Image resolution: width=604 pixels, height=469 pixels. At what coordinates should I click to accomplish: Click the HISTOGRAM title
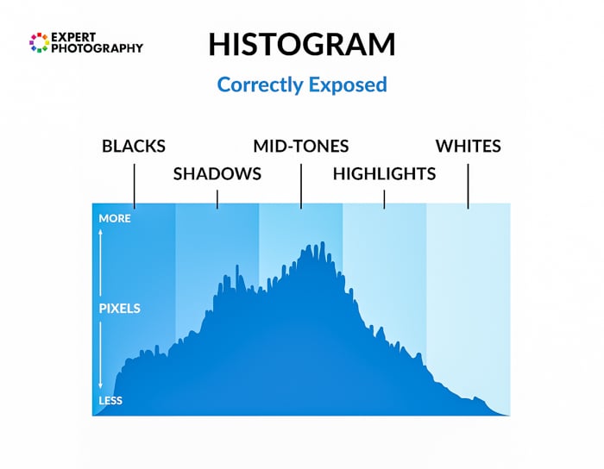[x=302, y=45]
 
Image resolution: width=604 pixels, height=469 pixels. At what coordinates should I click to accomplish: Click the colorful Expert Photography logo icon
[x=39, y=42]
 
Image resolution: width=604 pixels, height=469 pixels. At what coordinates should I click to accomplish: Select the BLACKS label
[x=134, y=146]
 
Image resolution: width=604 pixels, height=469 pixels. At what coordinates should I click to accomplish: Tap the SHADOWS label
[x=217, y=173]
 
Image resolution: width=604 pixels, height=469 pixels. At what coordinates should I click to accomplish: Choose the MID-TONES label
[x=301, y=146]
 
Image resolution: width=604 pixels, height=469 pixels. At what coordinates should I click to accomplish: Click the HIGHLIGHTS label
[x=384, y=173]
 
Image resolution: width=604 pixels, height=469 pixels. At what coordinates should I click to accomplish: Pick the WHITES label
[x=468, y=146]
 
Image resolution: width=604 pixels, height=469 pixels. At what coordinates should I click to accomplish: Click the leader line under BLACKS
[x=134, y=184]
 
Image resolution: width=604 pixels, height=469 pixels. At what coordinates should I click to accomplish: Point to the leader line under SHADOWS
[x=217, y=197]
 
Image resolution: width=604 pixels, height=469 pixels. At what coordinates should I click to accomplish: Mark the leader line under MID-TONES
[x=301, y=184]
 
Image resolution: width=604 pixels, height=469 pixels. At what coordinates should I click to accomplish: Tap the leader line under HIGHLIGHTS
[x=384, y=197]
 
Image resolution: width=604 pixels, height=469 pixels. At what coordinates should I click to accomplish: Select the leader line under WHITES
[x=468, y=184]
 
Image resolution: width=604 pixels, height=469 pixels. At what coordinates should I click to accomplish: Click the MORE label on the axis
[x=115, y=218]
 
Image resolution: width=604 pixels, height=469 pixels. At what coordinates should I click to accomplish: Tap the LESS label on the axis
[x=110, y=401]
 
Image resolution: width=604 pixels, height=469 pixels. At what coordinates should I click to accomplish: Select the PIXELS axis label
[x=119, y=308]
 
